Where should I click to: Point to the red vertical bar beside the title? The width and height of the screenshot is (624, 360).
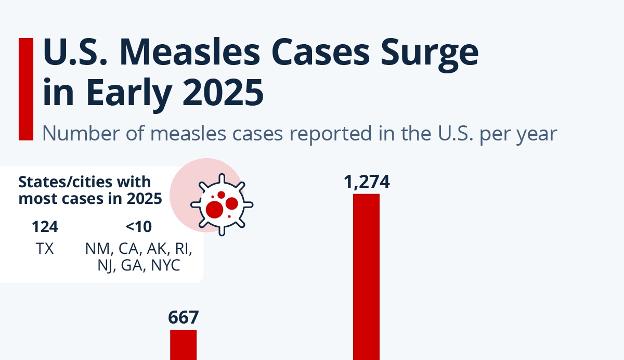click(x=25, y=88)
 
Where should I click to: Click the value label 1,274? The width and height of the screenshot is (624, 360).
click(x=367, y=183)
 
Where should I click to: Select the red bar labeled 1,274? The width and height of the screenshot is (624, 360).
click(x=367, y=276)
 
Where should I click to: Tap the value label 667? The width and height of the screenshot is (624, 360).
click(x=184, y=317)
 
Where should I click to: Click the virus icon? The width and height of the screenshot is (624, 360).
click(x=222, y=204)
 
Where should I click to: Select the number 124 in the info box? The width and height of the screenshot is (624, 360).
click(x=45, y=227)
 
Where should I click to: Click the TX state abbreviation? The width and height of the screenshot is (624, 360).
click(x=45, y=249)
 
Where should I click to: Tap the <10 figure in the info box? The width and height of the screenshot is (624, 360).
click(x=138, y=227)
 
